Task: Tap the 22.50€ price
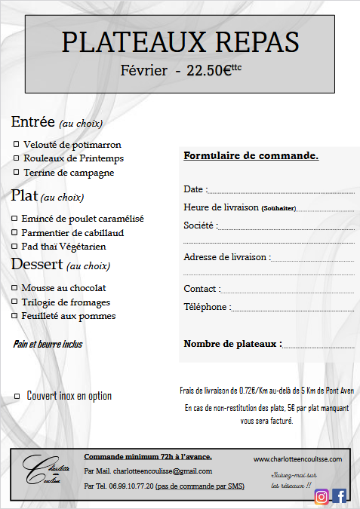pos(204,71)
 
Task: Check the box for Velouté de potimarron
pos(17,144)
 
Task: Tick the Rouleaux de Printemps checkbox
pos(17,158)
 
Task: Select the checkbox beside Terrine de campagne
pos(17,173)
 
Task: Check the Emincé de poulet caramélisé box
pos(14,219)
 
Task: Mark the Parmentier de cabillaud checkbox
pos(14,232)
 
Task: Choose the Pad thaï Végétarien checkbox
pos(14,247)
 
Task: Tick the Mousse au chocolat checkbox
pos(14,288)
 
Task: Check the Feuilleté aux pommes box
pos(14,316)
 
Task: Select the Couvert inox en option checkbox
pos(17,395)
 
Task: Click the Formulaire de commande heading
pos(251,156)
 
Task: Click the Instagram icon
pos(322,495)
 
